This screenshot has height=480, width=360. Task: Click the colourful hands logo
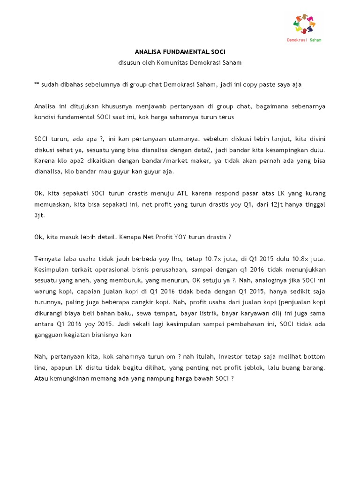[304, 24]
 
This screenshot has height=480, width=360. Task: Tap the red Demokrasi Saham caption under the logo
[304, 40]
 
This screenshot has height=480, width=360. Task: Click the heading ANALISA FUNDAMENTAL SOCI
[180, 52]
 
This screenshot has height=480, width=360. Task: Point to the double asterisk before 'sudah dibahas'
[37, 84]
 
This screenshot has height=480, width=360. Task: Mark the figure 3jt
[39, 215]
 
